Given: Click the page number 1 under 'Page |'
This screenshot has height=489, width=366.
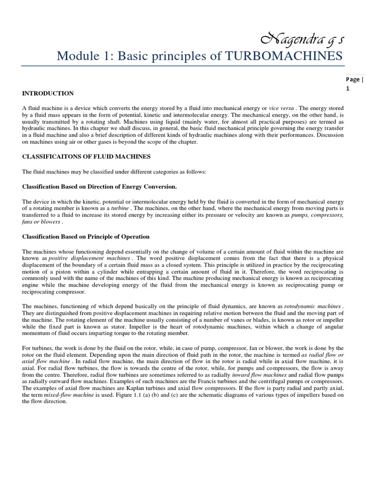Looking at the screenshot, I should click(x=347, y=89).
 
